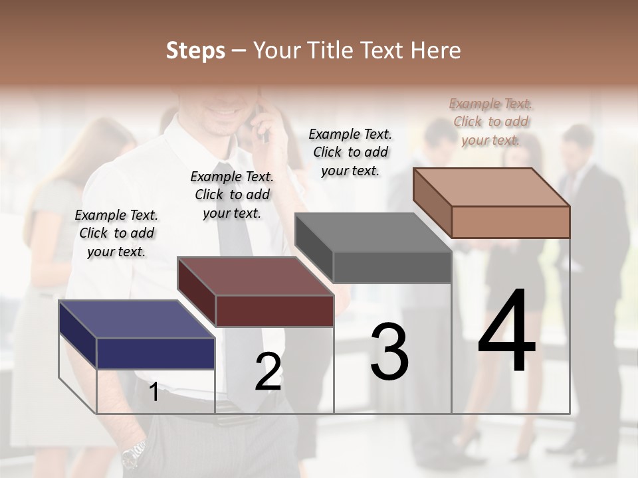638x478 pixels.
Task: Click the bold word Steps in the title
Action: click(x=195, y=50)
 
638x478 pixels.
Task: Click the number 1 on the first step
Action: click(x=154, y=392)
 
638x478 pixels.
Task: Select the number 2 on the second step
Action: click(x=268, y=372)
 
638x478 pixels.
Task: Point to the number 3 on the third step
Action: click(x=389, y=352)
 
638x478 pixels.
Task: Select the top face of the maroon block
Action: click(x=255, y=276)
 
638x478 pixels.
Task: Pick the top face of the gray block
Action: click(x=372, y=232)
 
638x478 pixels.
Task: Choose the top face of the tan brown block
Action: click(x=491, y=187)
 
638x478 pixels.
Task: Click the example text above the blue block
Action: click(x=116, y=233)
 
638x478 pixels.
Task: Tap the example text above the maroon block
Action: click(x=232, y=195)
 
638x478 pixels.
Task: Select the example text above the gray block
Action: click(x=350, y=152)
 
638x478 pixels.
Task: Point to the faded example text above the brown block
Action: click(x=490, y=121)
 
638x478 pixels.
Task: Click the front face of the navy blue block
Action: click(x=156, y=353)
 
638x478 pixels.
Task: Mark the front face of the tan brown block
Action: click(x=510, y=222)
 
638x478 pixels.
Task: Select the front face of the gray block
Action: click(x=392, y=268)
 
